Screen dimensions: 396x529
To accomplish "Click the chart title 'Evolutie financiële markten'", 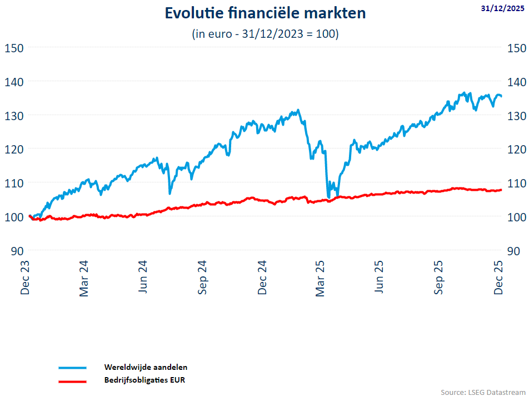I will pos(265,13).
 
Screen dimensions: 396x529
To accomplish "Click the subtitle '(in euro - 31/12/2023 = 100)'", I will pos(265,34).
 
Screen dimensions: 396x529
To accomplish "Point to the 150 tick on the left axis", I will pos(14,47).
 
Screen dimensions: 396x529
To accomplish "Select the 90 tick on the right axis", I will pos(513,250).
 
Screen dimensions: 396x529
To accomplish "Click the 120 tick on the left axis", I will pos(14,148).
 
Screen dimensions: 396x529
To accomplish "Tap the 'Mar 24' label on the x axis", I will pos(84,277).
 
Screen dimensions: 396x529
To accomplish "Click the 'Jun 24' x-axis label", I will pos(143,277).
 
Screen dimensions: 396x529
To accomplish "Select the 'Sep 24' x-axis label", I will pos(202,277).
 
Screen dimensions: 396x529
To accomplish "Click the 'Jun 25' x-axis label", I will pos(380,277).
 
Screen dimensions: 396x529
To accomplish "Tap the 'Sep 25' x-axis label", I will pos(439,277).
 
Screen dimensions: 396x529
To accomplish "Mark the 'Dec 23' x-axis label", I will pos(25,277).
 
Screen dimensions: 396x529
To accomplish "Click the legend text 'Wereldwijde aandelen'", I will pos(146,367).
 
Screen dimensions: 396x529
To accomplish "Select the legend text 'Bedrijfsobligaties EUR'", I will pos(144,380).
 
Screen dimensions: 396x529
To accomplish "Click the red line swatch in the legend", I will pos(72,382).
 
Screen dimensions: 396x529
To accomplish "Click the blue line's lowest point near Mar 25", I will pos(329,197).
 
